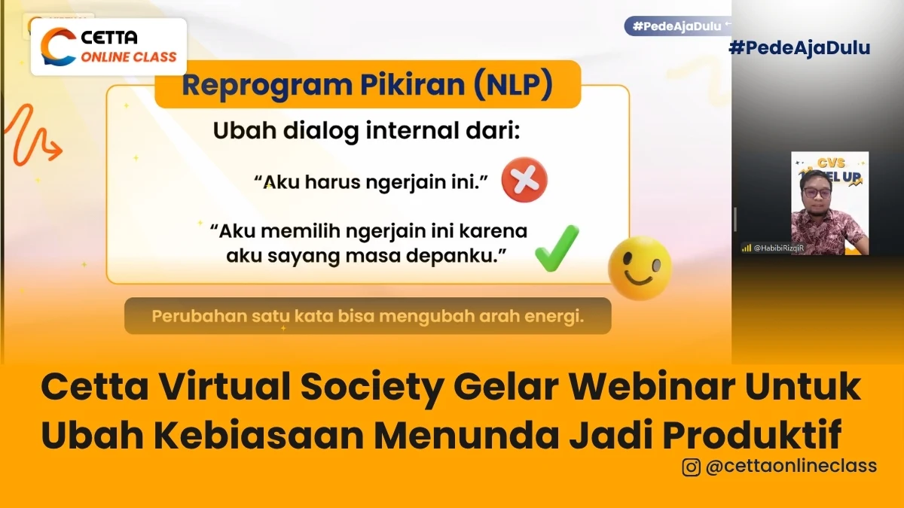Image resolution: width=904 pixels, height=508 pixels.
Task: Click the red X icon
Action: tap(524, 181)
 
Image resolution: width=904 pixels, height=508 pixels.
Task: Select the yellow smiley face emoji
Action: tap(640, 268)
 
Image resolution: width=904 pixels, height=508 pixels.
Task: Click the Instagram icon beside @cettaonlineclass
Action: tap(691, 467)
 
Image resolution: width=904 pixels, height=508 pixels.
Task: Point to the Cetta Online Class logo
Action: tap(108, 47)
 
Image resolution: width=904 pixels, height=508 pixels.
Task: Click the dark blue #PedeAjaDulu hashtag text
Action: tap(800, 48)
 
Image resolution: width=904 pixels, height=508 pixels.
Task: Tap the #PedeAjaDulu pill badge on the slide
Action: tap(676, 26)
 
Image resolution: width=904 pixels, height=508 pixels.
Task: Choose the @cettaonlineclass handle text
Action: tap(791, 467)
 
